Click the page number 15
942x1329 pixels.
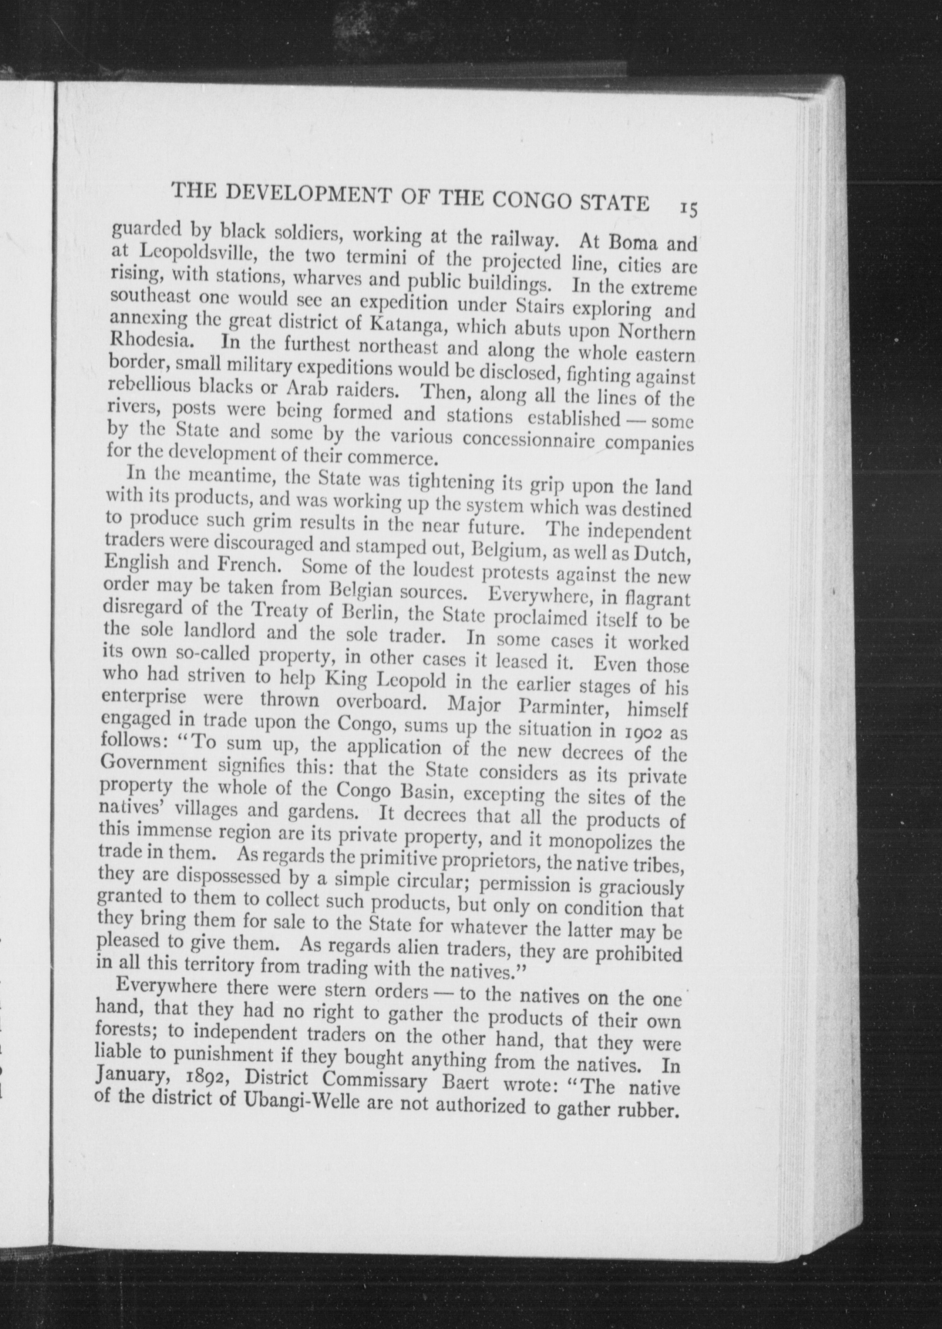tap(689, 208)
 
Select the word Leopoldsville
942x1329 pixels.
tap(186, 252)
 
